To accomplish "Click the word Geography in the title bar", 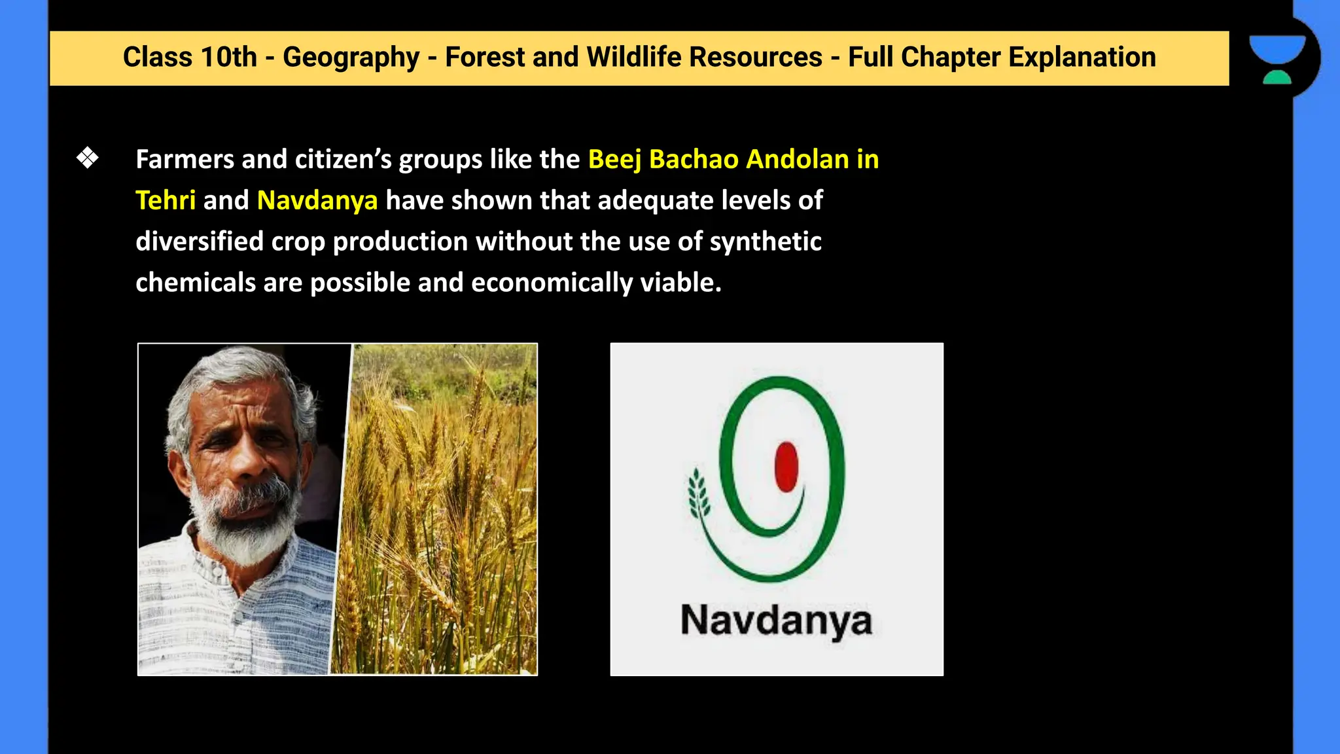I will click(x=351, y=58).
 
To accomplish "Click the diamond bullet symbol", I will click(x=87, y=158).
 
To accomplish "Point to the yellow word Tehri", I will click(x=165, y=200).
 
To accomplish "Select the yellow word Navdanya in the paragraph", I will click(x=317, y=200).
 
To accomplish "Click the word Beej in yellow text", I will click(x=614, y=160).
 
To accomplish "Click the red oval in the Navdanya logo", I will click(x=786, y=467).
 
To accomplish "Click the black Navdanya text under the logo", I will click(x=776, y=620).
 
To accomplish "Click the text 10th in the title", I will click(x=228, y=58).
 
